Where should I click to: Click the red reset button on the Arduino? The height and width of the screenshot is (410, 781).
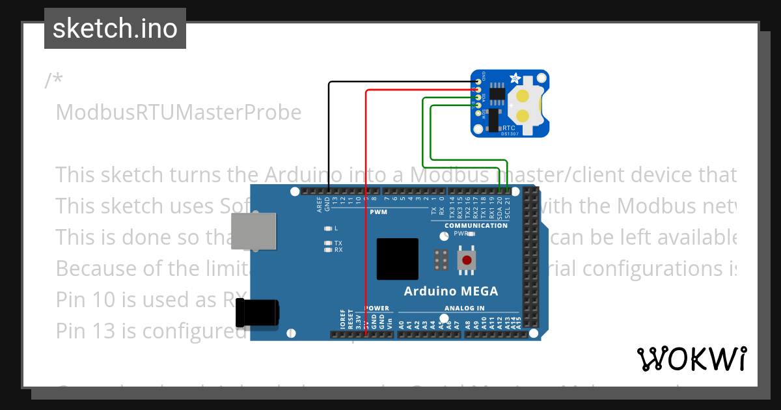click(x=466, y=261)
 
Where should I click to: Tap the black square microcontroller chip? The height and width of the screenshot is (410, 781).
click(x=397, y=259)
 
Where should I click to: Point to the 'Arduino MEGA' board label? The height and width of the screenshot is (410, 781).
click(x=451, y=291)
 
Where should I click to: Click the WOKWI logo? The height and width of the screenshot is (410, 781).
click(x=692, y=359)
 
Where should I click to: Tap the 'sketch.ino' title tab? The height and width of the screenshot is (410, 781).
click(x=115, y=29)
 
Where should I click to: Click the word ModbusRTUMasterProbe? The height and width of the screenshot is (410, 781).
click(x=178, y=113)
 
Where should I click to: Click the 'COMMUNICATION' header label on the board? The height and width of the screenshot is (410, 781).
click(x=476, y=226)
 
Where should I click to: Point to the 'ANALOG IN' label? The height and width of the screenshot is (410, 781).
click(x=465, y=308)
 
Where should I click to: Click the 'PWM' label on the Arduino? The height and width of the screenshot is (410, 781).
click(x=378, y=213)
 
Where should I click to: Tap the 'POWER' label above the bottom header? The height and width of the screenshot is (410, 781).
click(x=377, y=308)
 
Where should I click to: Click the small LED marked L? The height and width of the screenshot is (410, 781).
click(x=328, y=229)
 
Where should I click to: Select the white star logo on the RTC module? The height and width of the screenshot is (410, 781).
click(x=514, y=79)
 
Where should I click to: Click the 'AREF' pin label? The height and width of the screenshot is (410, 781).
click(x=320, y=205)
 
